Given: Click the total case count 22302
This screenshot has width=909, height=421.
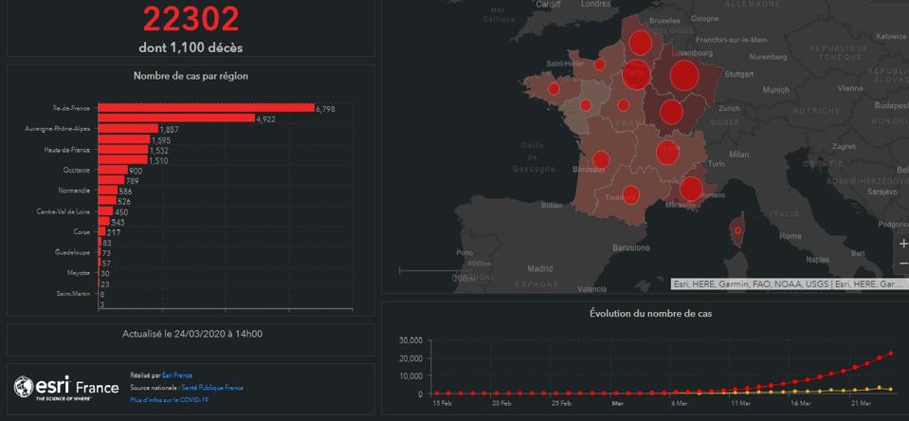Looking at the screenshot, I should click(x=191, y=19).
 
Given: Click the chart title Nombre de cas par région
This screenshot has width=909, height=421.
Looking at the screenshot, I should click(x=191, y=76).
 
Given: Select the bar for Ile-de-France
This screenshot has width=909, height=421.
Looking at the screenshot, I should click(x=206, y=108).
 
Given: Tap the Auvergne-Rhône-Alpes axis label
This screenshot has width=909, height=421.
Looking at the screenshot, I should click(x=58, y=128).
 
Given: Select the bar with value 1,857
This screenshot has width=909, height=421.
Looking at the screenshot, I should click(x=128, y=128).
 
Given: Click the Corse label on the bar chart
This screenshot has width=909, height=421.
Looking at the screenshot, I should click(x=82, y=231).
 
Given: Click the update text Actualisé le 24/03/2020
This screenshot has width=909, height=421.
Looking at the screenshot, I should click(x=192, y=334).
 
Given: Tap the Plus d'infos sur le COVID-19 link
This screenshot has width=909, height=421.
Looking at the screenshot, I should click(x=169, y=400).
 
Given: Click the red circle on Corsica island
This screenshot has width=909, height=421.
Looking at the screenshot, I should click(x=736, y=230).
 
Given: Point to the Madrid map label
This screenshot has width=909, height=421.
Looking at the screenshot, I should click(x=539, y=268).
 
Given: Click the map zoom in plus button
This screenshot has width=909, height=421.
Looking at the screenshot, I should click(x=902, y=244).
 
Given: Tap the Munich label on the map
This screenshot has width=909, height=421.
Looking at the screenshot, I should click(x=775, y=90).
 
